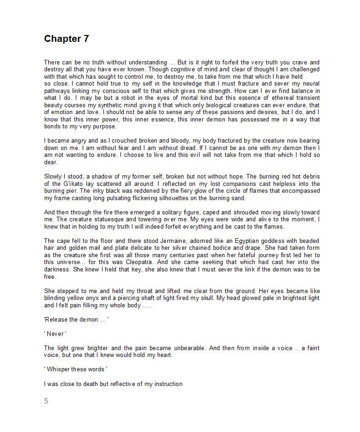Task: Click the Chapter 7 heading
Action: tap(66, 39)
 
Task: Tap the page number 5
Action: tap(46, 401)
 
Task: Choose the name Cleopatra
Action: tap(138, 262)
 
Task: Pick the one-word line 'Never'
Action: tap(55, 334)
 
